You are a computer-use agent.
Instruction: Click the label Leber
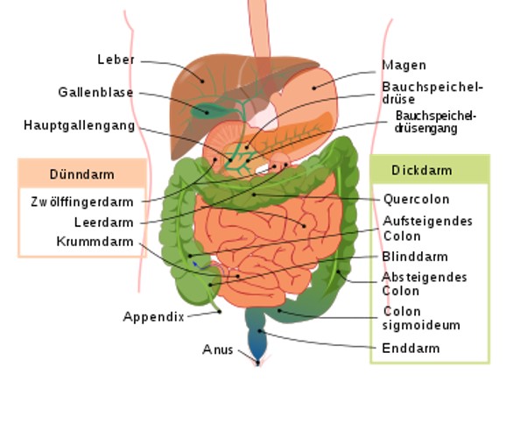(x=116, y=60)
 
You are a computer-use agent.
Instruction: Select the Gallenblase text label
(x=95, y=92)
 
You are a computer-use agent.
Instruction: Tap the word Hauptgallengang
(x=80, y=125)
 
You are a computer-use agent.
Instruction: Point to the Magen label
(x=404, y=65)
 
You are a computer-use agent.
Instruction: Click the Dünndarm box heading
(x=82, y=174)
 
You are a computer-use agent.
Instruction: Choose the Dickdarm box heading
(x=421, y=171)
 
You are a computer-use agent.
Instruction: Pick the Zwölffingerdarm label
(x=82, y=202)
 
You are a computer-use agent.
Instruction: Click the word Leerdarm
(x=103, y=222)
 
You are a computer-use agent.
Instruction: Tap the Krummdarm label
(x=95, y=242)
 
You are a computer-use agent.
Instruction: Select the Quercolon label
(x=417, y=199)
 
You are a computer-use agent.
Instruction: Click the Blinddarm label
(x=415, y=257)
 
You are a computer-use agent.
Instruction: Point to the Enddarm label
(x=411, y=349)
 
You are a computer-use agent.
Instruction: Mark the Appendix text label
(x=153, y=317)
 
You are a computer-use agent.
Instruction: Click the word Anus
(x=217, y=349)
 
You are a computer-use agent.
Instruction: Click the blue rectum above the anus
(x=257, y=342)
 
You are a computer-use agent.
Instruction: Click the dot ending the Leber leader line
(x=202, y=81)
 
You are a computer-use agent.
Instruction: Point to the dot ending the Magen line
(x=313, y=88)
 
